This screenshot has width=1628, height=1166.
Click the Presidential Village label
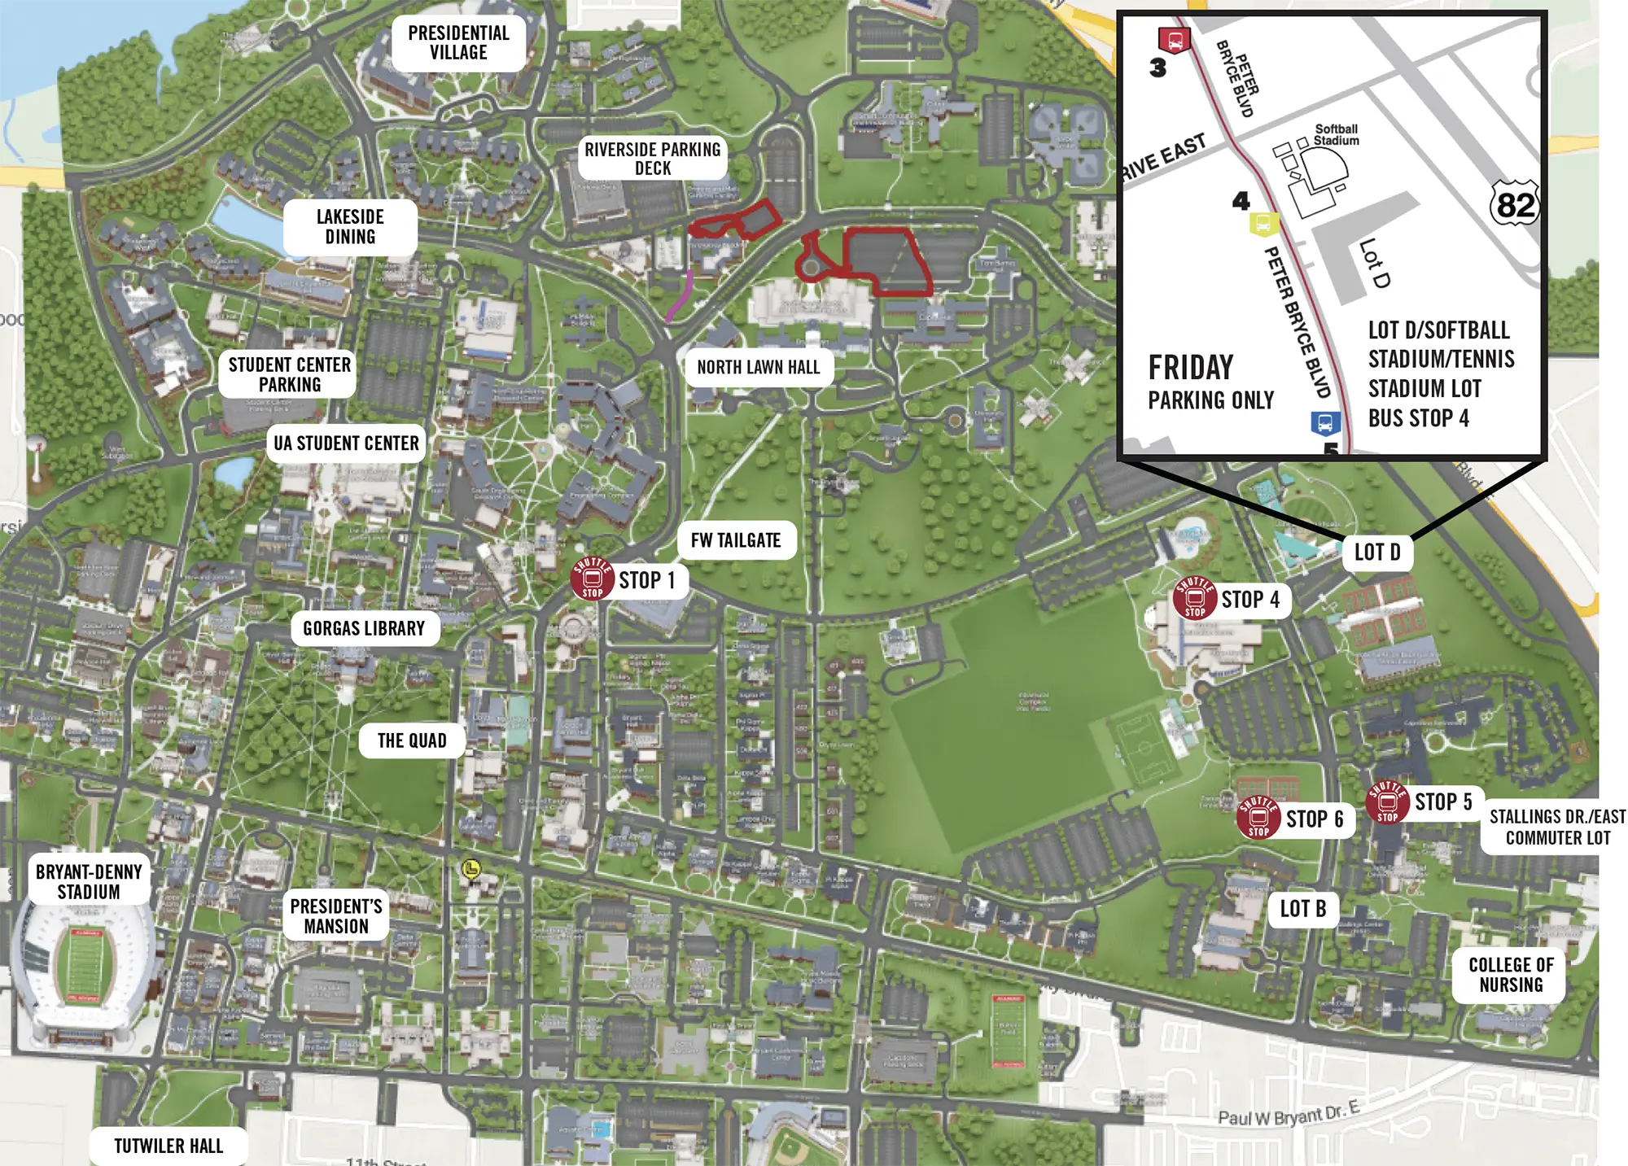[458, 43]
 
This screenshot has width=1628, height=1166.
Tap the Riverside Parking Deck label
[652, 159]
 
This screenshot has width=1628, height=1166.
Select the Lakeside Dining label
[350, 227]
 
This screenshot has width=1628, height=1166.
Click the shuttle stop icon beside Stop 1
[593, 579]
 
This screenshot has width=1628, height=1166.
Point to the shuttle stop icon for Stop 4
[1194, 598]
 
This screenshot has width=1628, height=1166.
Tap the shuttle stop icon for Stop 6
[1258, 817]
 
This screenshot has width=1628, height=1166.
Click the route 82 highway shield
[1514, 204]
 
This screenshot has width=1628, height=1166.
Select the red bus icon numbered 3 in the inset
[1174, 41]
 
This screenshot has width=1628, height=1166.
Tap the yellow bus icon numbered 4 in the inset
[1263, 224]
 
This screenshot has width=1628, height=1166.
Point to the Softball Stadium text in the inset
[1336, 135]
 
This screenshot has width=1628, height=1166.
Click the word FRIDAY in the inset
[1190, 368]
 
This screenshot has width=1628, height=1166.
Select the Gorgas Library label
[364, 629]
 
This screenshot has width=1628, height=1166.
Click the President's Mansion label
[336, 916]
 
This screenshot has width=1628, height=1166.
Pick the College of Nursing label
[1510, 975]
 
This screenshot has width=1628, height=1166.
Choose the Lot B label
[1302, 909]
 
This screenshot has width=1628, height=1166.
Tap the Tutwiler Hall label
[168, 1146]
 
